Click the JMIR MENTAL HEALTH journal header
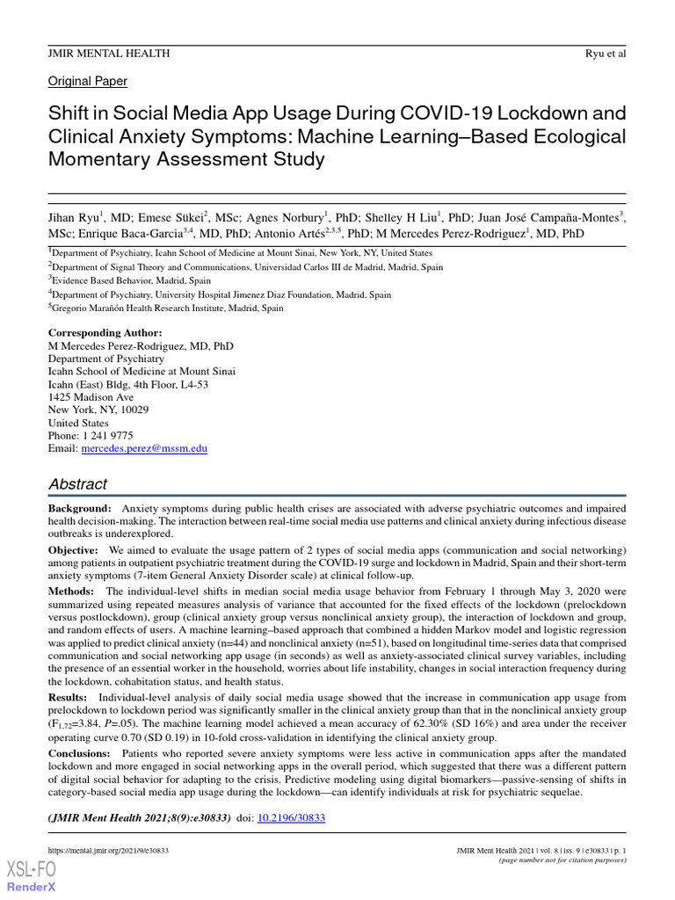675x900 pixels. tap(109, 54)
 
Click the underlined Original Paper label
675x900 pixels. tap(88, 82)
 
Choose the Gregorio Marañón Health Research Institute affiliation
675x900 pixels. tap(168, 308)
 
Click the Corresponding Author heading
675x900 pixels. tap(105, 333)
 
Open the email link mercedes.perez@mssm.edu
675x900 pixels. tap(144, 448)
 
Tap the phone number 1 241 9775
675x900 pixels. tap(108, 435)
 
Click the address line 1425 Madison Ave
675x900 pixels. tap(91, 397)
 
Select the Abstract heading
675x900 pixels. tap(78, 484)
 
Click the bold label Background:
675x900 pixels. tap(80, 509)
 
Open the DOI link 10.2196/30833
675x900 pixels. tap(291, 817)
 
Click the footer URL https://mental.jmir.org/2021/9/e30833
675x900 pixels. tap(108, 851)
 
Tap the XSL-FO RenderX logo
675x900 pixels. tap(32, 876)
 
